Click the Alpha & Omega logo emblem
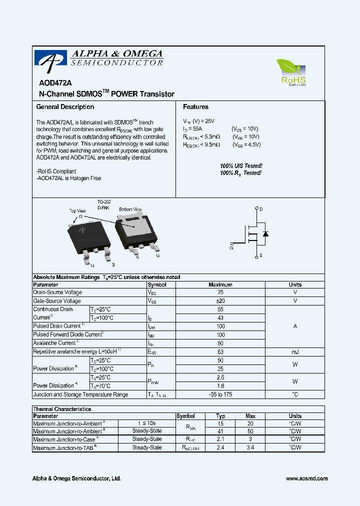[x=50, y=59]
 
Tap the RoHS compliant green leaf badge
[x=292, y=72]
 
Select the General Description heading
[x=65, y=107]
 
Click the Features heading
[x=195, y=107]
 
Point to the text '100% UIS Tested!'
[x=241, y=165]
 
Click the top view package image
[x=89, y=237]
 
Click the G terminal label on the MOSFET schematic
[x=231, y=247]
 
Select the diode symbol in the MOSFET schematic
[x=266, y=233]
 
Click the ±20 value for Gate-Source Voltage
[x=220, y=301]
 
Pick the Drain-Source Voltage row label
[x=57, y=292]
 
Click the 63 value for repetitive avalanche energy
[x=220, y=352]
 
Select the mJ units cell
[x=295, y=352]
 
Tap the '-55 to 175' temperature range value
[x=220, y=394]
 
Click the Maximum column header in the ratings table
[x=220, y=284]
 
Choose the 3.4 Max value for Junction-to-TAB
[x=250, y=448]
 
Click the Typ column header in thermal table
[x=220, y=416]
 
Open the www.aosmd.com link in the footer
[x=306, y=478]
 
